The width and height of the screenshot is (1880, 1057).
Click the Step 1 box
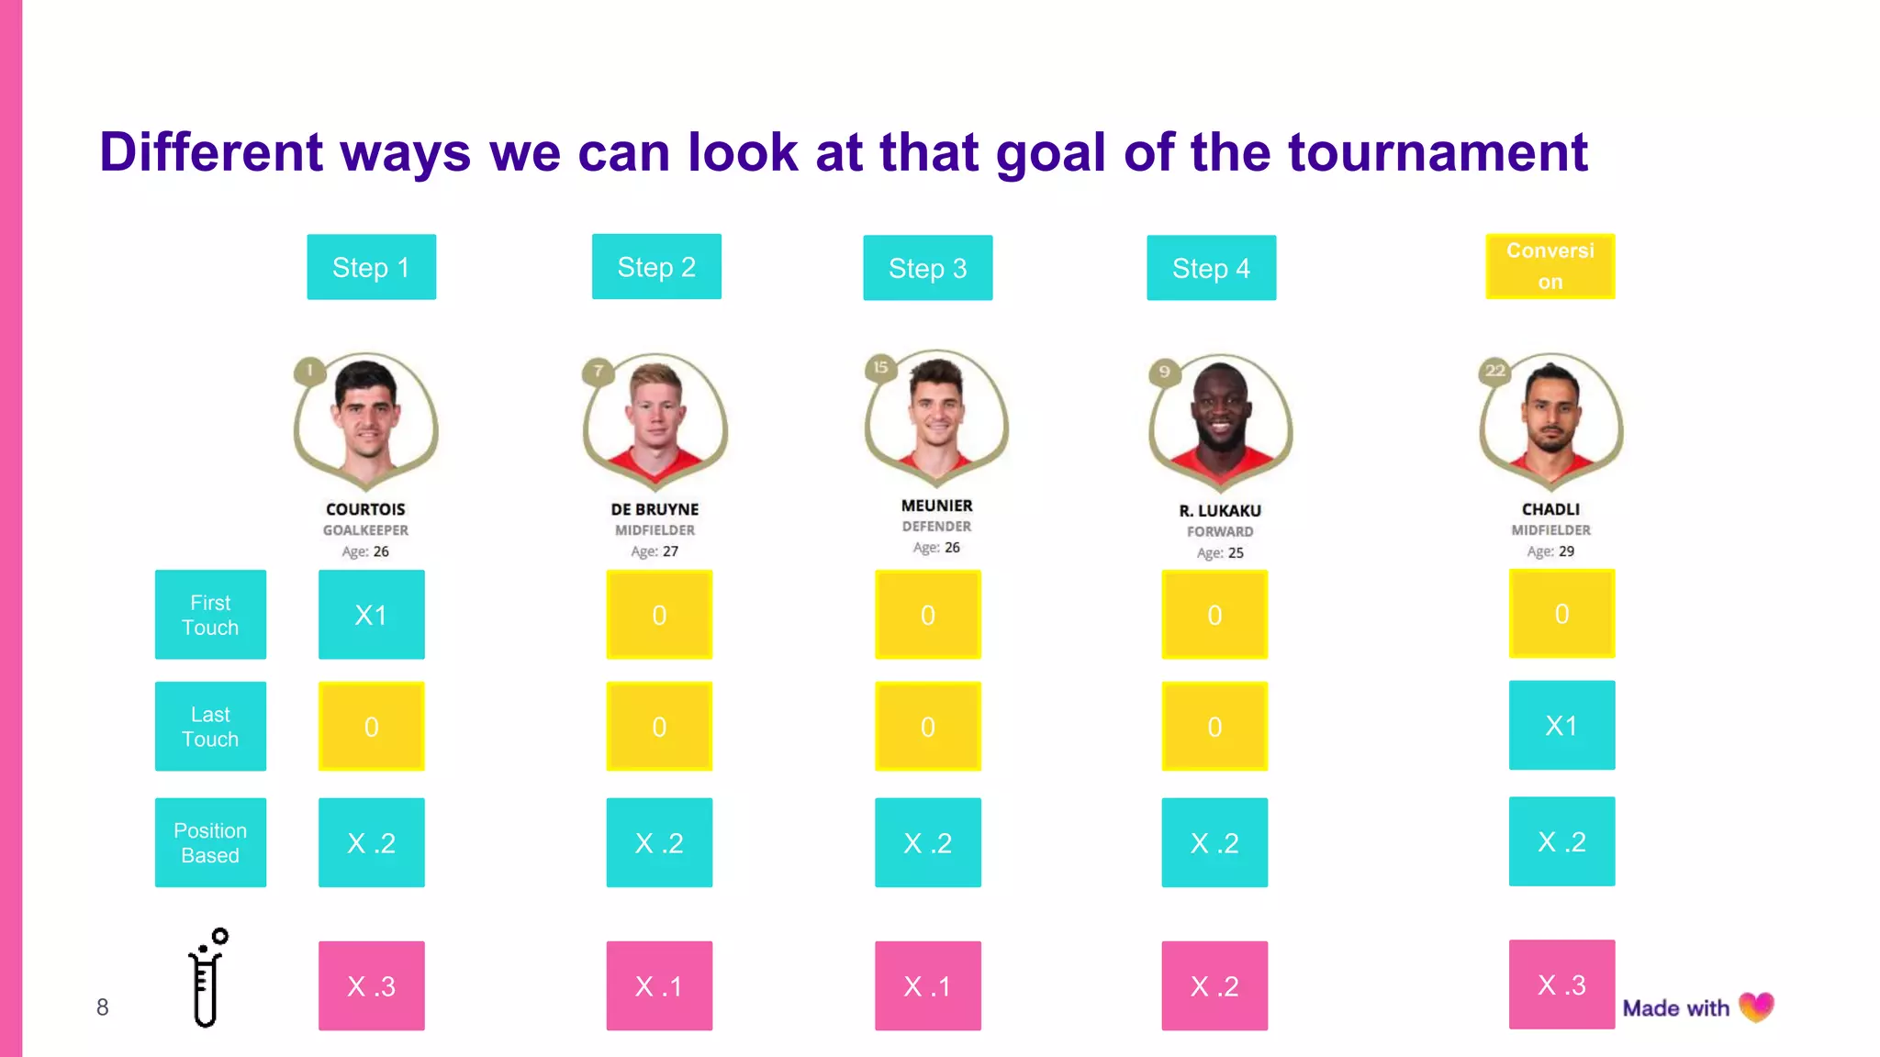point(371,267)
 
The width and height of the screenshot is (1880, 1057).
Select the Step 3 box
point(927,268)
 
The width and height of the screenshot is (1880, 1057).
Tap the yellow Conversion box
point(1550,266)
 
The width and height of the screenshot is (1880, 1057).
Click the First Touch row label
point(210,615)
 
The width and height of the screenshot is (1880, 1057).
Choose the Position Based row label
point(210,842)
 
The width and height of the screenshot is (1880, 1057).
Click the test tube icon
point(207,978)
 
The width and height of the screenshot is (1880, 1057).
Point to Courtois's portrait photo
point(365,417)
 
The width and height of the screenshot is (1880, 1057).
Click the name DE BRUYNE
point(655,509)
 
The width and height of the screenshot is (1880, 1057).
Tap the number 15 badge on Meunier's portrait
point(880,368)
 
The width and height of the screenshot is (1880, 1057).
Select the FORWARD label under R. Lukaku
point(1219,531)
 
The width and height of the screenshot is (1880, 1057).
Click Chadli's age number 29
point(1566,551)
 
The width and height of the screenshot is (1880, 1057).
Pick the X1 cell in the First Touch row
point(371,615)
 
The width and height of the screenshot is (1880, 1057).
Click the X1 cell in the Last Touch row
point(1561,726)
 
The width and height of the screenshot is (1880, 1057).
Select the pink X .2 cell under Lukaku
point(1214,986)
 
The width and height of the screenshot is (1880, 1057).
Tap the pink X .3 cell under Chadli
point(1561,985)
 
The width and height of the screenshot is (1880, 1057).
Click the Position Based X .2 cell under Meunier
point(927,842)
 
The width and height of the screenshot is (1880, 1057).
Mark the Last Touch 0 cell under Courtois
point(371,727)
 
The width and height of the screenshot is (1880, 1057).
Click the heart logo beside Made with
point(1756,1007)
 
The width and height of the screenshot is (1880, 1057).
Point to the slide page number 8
point(103,1007)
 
